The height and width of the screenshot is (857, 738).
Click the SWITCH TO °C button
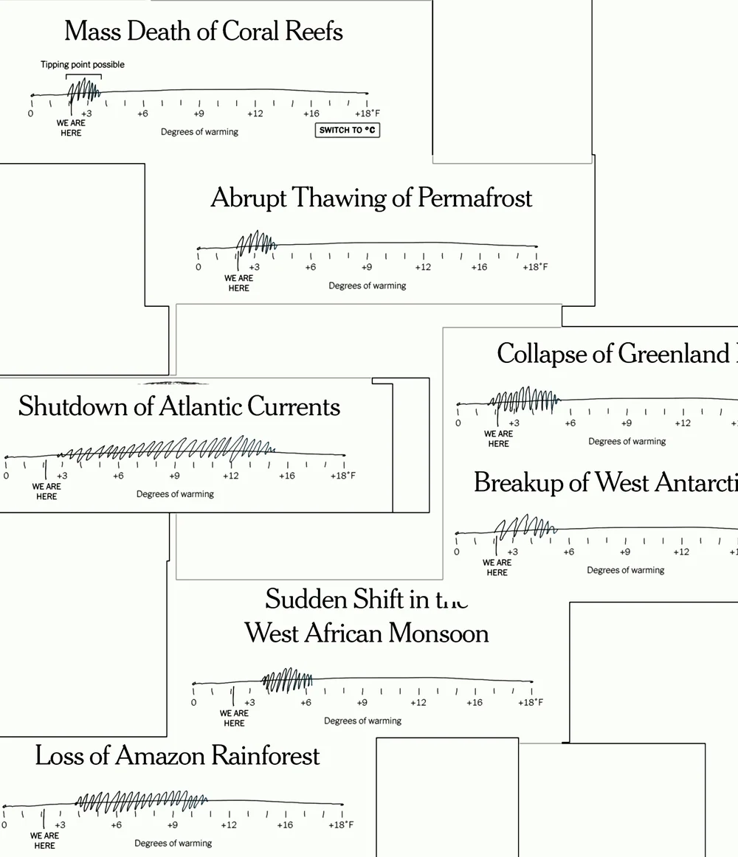point(348,131)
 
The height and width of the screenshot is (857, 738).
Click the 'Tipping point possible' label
point(83,65)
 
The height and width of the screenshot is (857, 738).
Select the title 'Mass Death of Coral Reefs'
point(204,32)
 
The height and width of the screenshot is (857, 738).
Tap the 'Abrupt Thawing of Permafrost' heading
point(371,198)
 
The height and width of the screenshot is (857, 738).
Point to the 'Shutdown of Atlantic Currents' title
point(179,406)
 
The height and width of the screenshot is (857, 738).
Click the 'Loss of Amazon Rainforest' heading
point(178,756)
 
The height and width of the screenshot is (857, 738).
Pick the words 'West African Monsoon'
point(367,633)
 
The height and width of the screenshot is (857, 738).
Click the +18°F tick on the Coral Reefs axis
point(368,114)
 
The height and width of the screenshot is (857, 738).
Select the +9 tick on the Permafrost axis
point(367,267)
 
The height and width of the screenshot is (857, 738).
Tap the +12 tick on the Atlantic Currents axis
point(231,476)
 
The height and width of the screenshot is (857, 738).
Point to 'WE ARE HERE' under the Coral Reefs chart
point(72,128)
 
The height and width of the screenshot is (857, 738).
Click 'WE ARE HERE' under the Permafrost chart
point(239,283)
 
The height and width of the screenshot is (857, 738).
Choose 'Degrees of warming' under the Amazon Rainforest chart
point(173,843)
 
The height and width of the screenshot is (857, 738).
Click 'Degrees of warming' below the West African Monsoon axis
point(362,721)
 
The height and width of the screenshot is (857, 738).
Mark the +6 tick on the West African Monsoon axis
point(306,702)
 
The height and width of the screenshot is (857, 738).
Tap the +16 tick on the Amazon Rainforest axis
point(285,825)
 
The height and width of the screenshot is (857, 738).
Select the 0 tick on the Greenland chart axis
point(458,423)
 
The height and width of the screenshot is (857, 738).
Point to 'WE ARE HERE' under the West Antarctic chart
point(497,567)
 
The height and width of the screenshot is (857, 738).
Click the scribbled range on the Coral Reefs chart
point(84,91)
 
